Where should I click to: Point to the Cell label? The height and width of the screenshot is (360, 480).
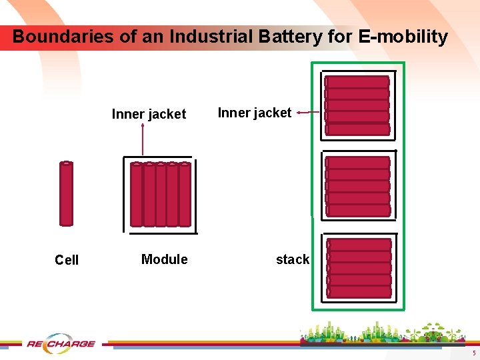click(x=67, y=260)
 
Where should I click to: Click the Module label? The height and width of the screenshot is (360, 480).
click(x=164, y=259)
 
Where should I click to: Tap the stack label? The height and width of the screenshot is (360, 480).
click(x=293, y=259)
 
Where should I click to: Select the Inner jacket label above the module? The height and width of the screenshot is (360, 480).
click(x=149, y=114)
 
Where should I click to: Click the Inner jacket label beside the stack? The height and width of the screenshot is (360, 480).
click(x=255, y=113)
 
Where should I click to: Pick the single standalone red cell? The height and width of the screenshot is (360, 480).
click(x=66, y=193)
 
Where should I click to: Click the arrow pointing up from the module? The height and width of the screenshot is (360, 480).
click(x=143, y=140)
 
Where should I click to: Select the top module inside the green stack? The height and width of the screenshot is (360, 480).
click(x=357, y=105)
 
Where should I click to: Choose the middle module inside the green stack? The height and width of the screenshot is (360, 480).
click(x=358, y=186)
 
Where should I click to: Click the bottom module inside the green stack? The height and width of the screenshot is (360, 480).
click(x=359, y=268)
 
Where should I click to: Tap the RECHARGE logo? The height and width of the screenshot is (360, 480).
click(x=61, y=344)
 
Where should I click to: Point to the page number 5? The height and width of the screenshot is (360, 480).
click(x=473, y=353)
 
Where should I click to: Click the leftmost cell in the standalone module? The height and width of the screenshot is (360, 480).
click(x=137, y=195)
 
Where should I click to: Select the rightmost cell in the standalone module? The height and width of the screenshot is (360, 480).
click(x=185, y=195)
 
